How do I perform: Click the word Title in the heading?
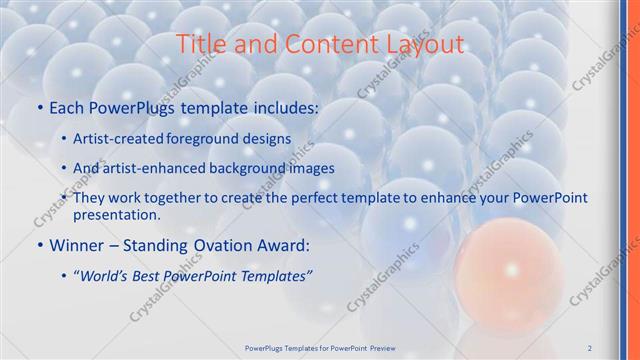199,44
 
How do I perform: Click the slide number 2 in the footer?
590,347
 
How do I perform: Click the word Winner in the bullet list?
80,243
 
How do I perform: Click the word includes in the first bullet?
281,106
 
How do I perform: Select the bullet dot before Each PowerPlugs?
39,106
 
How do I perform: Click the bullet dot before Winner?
39,243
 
